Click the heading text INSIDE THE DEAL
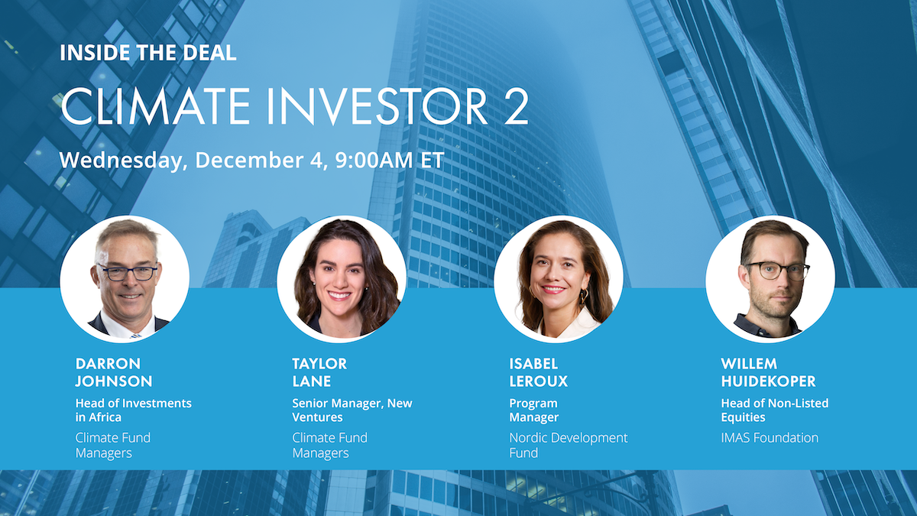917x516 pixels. (148, 54)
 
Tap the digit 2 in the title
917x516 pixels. (514, 107)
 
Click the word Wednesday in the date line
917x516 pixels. (121, 161)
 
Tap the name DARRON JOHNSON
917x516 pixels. (114, 372)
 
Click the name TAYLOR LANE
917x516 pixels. (319, 372)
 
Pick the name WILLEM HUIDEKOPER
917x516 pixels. (773, 372)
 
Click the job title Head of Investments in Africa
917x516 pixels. (133, 411)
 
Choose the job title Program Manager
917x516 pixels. (534, 411)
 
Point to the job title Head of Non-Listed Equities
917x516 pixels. (774, 411)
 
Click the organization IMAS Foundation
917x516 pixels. (769, 438)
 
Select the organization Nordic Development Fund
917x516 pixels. (568, 446)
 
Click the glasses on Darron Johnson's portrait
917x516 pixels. (127, 272)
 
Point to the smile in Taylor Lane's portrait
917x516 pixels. (339, 295)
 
